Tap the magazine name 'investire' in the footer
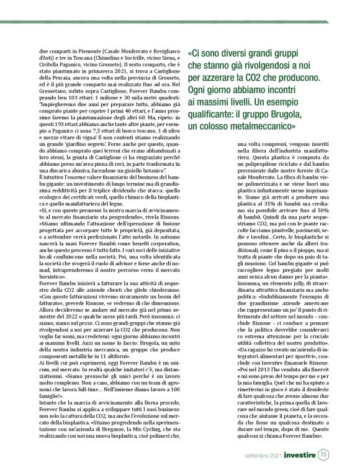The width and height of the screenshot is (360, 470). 300,454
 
